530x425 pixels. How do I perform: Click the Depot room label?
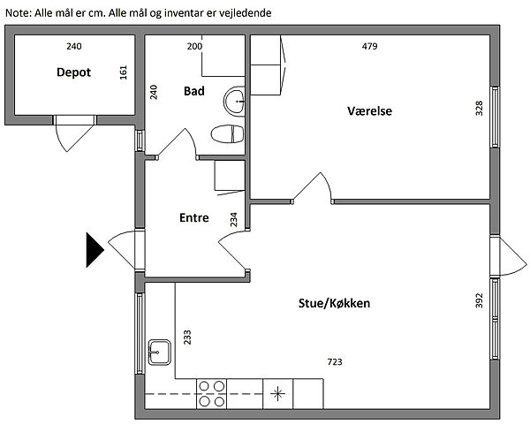[x=73, y=72]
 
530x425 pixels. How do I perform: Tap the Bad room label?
[x=195, y=91]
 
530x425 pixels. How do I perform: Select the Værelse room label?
[x=370, y=111]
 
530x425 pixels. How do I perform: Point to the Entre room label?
[x=193, y=218]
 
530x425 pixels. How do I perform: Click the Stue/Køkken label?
[x=334, y=304]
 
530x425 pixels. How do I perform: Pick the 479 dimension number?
[x=368, y=46]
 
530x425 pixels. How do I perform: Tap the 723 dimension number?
[x=335, y=361]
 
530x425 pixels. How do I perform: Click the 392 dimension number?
[x=480, y=301]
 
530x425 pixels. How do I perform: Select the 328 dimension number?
[x=480, y=109]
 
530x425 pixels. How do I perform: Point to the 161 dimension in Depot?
[x=124, y=73]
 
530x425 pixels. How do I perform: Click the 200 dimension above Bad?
[x=195, y=46]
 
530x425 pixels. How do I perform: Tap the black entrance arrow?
[x=95, y=249]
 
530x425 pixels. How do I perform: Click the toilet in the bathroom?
[x=228, y=134]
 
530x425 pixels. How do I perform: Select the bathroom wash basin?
[x=236, y=101]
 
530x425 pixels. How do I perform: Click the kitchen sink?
[x=160, y=352]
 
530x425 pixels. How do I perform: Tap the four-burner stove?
[x=210, y=393]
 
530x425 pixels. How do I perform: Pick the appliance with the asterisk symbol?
[x=279, y=393]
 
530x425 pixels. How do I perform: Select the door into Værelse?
[x=315, y=187]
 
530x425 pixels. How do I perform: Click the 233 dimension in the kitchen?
[x=187, y=336]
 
